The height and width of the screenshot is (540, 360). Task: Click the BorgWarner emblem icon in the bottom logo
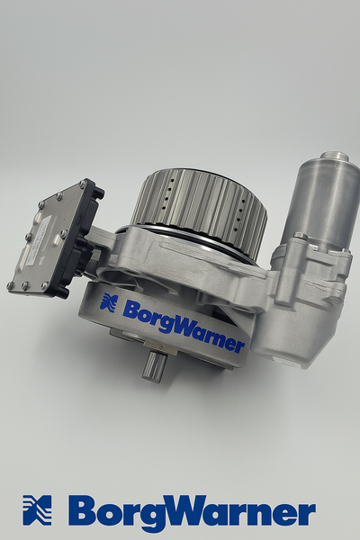[37, 510]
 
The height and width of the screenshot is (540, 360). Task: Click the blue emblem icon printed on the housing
[109, 302]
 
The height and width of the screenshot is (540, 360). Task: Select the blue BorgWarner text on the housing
[184, 326]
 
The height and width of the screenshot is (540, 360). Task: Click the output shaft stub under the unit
[154, 365]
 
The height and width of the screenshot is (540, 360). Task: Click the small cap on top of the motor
[335, 156]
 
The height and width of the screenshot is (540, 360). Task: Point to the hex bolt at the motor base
[301, 236]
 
